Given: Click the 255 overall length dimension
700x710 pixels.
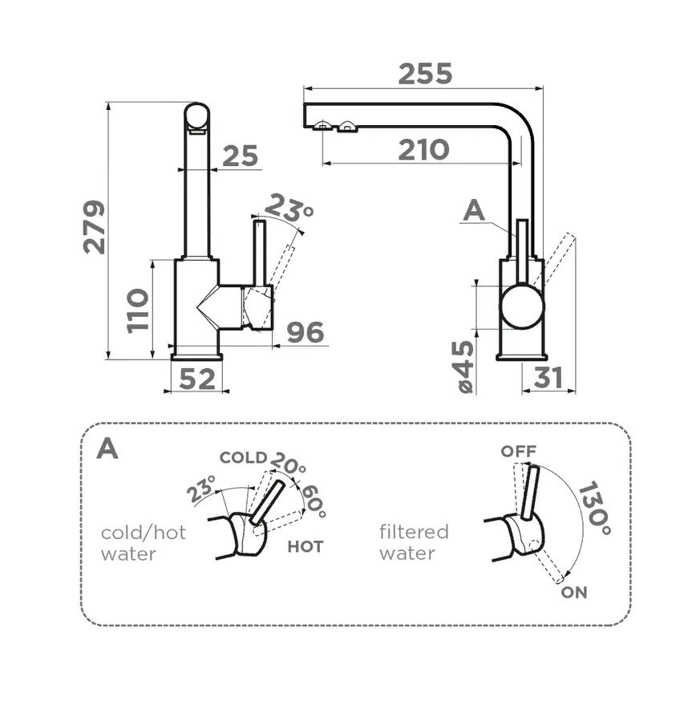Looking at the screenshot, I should [425, 74].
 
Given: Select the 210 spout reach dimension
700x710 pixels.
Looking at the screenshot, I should [424, 149].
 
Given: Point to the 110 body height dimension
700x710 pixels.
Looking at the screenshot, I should [138, 310].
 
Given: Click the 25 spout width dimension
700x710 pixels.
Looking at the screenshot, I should [240, 156].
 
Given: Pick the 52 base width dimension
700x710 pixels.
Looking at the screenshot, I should [197, 379].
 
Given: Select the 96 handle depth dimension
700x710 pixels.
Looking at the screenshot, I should [305, 332].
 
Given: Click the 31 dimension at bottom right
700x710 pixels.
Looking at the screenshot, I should [548, 378].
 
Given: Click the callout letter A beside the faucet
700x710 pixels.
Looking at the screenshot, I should [475, 211].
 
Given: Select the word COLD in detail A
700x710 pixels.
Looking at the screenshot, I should [243, 457].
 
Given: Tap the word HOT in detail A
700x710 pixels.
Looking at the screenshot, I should [305, 546].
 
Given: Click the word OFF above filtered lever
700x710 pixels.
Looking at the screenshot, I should [518, 451].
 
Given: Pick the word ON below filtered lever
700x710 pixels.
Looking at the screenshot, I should [574, 593].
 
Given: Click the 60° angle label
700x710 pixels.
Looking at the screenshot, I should [313, 502].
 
